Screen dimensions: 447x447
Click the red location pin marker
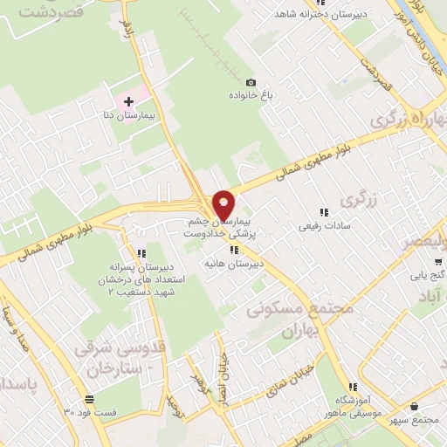(x=225, y=203)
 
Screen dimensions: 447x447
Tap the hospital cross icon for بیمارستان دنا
(x=129, y=101)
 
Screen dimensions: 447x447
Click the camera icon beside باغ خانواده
(x=251, y=80)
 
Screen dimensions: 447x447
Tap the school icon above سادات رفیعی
(x=324, y=211)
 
